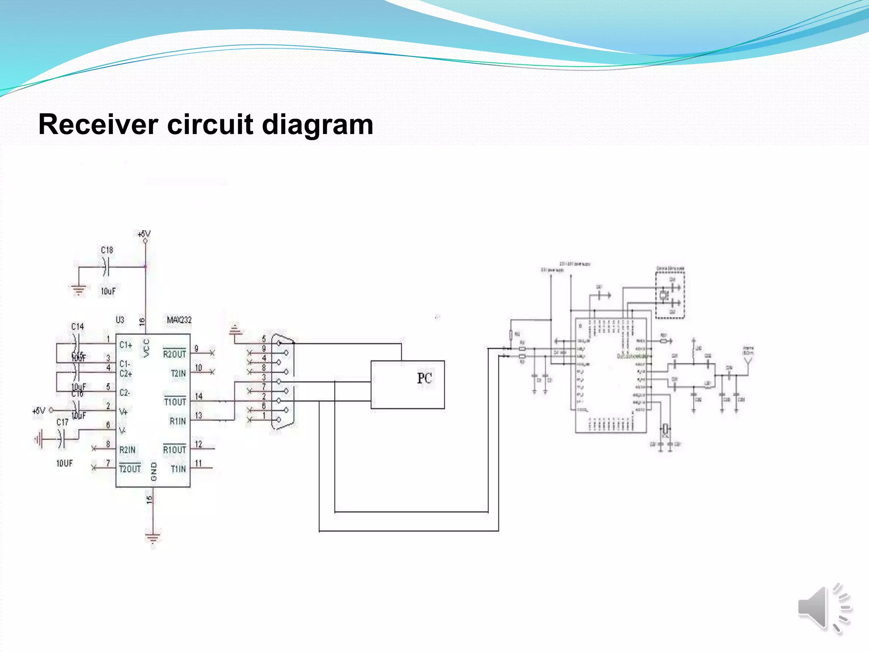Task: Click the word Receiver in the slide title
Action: [x=98, y=125]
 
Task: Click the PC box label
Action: [x=424, y=378]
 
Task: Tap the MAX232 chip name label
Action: [x=179, y=320]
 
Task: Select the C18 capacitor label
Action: [x=107, y=250]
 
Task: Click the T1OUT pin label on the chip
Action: [x=175, y=402]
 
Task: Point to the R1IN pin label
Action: [x=177, y=421]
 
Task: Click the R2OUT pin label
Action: [x=174, y=354]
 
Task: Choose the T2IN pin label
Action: [x=178, y=373]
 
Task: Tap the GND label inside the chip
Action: [x=154, y=472]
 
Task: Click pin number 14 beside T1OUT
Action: [x=199, y=396]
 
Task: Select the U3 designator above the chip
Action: [x=120, y=320]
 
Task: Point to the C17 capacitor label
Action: [x=62, y=422]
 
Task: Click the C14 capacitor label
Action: [x=77, y=326]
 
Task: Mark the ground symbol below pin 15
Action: [x=153, y=537]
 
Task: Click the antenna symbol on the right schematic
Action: [x=748, y=361]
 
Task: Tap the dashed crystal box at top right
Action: [x=670, y=295]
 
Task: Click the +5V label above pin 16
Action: [x=144, y=234]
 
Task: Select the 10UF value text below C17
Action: [x=64, y=463]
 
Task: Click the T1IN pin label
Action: [x=178, y=469]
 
